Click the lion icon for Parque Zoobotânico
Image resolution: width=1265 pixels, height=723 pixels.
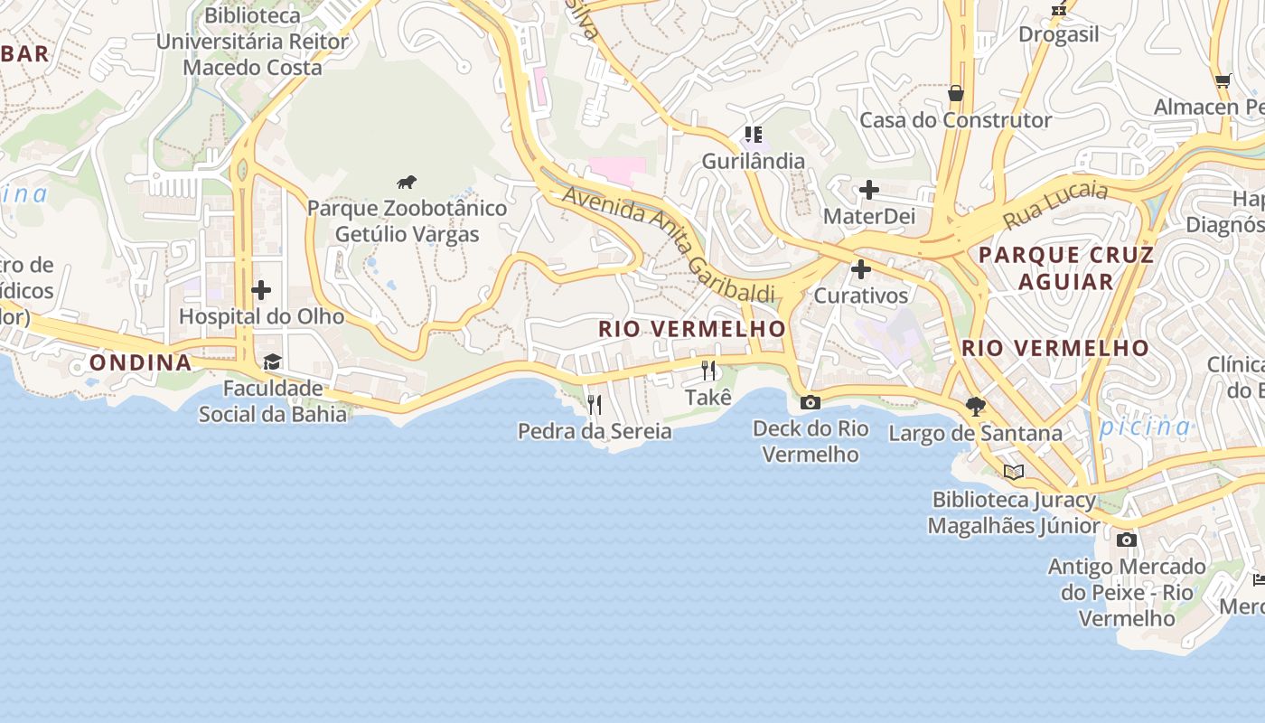coord(407,182)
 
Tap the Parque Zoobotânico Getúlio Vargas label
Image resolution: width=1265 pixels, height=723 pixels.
coord(407,221)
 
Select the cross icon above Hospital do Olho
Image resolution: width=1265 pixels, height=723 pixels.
coord(261,290)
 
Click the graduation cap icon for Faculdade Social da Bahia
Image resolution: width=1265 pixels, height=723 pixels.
coord(272,362)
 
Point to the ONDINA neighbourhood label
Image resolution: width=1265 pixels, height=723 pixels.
coord(140,362)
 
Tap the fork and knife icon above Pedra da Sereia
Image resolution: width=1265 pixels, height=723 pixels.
coord(594,404)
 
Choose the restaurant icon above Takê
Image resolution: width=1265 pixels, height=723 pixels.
coord(708,371)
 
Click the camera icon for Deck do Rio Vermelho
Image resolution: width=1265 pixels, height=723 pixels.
coord(811,402)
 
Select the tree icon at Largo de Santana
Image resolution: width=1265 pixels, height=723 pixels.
coord(975,406)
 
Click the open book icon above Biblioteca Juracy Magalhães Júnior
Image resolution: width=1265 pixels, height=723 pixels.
coord(1014,472)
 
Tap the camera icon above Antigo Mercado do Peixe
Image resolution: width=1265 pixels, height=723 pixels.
coord(1126,540)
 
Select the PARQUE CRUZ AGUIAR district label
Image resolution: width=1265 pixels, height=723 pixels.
coord(1066,268)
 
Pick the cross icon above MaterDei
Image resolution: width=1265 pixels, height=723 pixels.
coord(868,190)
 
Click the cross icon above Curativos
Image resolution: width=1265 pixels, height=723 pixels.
coord(861,269)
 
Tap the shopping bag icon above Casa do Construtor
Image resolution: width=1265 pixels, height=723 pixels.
coord(955,93)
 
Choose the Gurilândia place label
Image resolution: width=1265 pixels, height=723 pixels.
coord(754,161)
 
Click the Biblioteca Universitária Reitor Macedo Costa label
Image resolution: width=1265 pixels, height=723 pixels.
coord(252,42)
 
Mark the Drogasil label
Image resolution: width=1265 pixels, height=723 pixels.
coord(1059,34)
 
